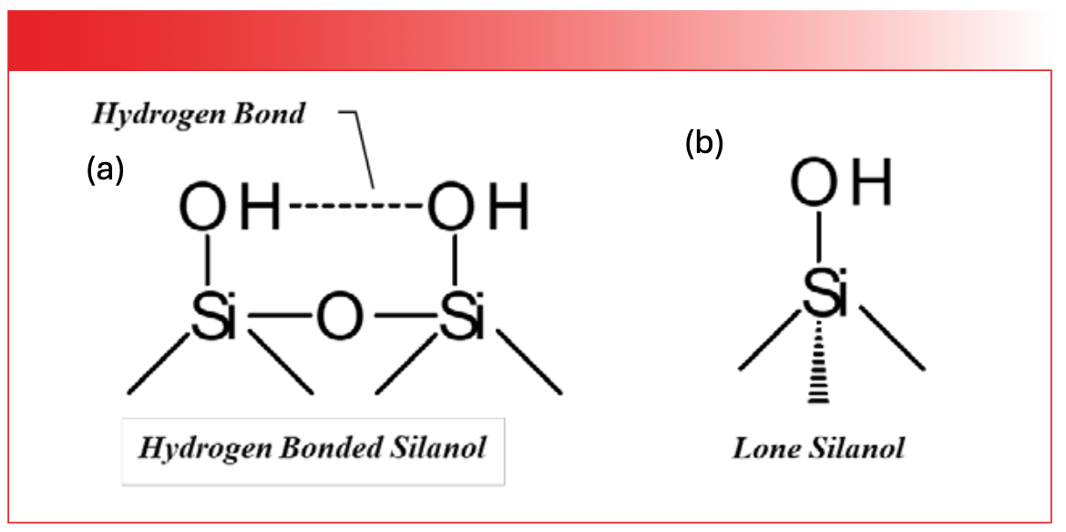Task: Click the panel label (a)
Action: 105,169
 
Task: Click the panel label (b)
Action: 704,144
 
